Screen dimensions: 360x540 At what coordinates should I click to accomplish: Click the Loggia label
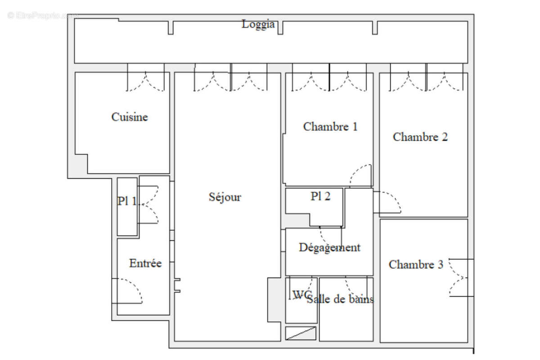(x=258, y=24)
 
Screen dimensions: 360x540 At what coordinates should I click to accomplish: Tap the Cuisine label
(x=130, y=117)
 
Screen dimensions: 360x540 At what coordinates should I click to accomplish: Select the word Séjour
(x=225, y=197)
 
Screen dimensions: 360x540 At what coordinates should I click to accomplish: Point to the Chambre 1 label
(x=330, y=126)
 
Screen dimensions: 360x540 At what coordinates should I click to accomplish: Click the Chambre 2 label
(x=420, y=137)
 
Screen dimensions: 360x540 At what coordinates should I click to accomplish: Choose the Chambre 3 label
(x=416, y=265)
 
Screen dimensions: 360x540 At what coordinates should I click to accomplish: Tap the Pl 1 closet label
(x=128, y=201)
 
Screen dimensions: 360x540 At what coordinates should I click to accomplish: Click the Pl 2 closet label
(x=320, y=196)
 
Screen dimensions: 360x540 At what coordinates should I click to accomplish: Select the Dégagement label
(x=329, y=247)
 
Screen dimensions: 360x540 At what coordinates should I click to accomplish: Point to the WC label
(x=301, y=295)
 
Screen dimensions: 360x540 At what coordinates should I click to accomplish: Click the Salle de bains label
(x=340, y=299)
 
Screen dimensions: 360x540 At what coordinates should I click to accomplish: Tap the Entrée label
(x=145, y=263)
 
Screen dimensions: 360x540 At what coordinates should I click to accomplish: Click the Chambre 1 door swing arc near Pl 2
(x=361, y=175)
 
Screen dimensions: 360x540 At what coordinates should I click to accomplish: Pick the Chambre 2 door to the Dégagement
(x=388, y=202)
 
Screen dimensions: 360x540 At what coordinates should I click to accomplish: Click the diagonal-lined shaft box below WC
(x=301, y=333)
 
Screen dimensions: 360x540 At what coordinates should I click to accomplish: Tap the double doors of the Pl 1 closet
(x=149, y=205)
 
